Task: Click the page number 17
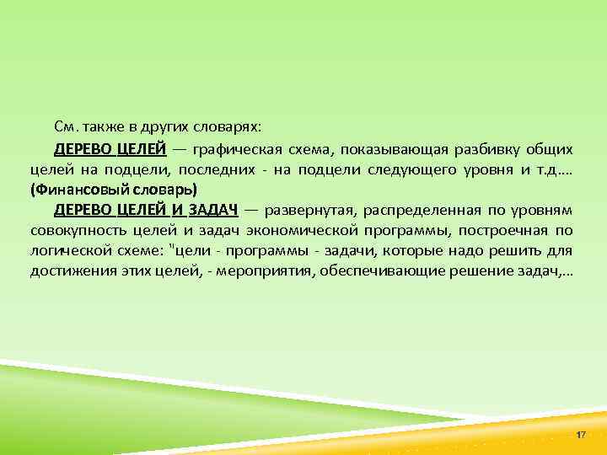pos(580,433)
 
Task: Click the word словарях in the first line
pos(230,127)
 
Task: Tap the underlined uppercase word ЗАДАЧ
pos(212,210)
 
